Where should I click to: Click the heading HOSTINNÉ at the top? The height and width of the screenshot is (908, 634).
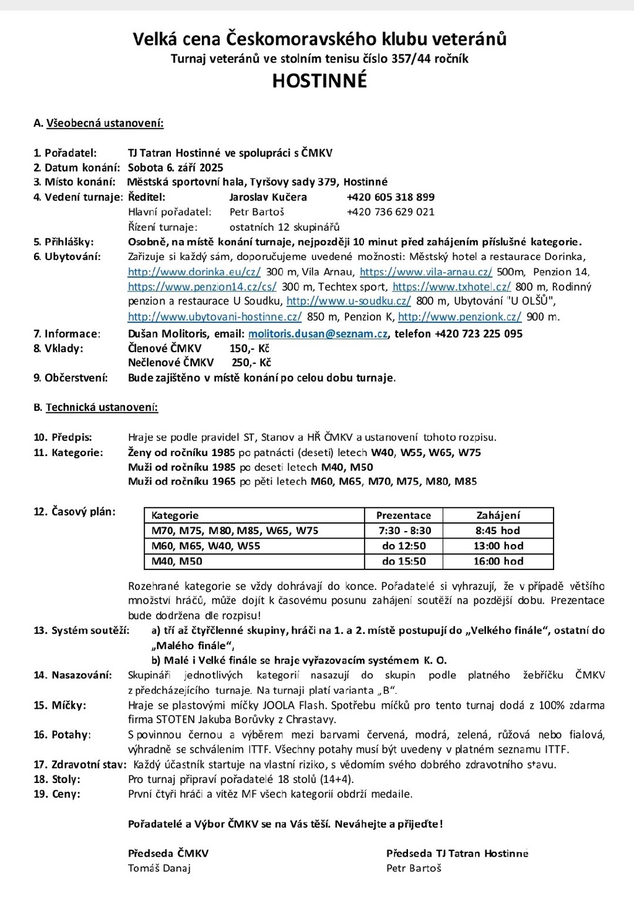point(319,80)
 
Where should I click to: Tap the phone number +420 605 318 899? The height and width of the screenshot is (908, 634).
point(390,197)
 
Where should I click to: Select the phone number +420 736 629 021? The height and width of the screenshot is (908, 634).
point(390,212)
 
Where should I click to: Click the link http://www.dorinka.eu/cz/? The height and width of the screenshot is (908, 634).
point(194,272)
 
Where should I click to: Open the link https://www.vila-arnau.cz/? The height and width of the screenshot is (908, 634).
point(426,272)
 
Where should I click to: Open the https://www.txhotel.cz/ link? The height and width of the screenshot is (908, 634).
point(451,287)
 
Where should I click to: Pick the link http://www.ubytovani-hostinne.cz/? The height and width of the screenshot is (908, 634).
point(214,317)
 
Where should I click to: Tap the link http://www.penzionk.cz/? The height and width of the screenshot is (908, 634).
point(459,317)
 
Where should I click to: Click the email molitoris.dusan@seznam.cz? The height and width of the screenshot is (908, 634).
point(318,334)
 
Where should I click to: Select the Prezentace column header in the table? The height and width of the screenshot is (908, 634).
point(404,515)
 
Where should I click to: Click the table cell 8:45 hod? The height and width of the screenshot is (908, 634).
point(498,530)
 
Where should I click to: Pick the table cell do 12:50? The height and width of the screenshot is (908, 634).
point(404,546)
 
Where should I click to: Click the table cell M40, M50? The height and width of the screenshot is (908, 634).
point(177,561)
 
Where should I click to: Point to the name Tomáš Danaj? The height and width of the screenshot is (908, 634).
point(159,868)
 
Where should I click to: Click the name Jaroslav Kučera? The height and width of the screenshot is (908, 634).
point(267,197)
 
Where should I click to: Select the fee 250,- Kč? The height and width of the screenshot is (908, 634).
point(251,362)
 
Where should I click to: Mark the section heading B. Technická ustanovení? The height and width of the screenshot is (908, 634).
point(95,407)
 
